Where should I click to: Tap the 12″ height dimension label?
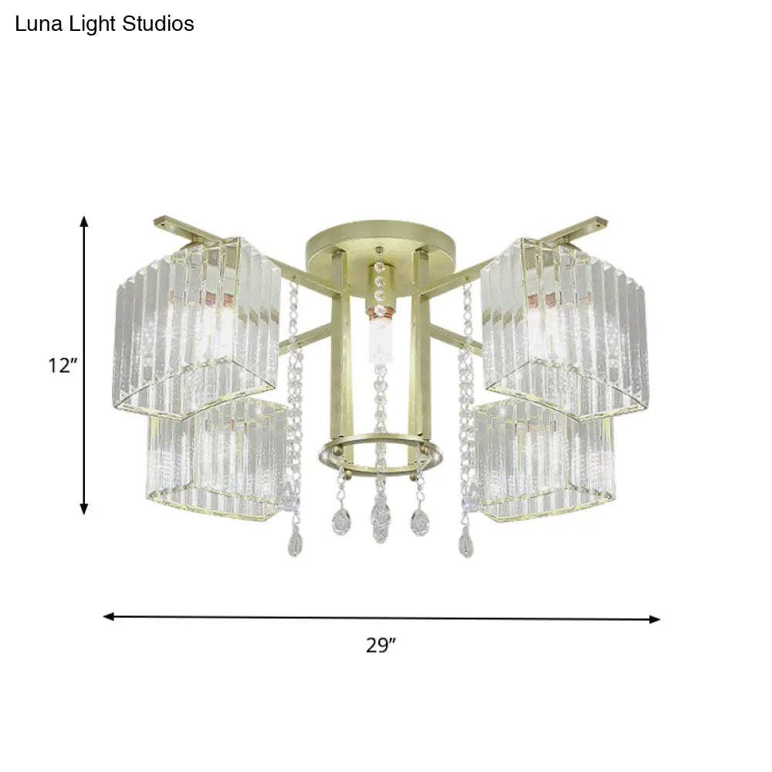coord(59,366)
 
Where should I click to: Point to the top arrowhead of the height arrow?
coord(85,222)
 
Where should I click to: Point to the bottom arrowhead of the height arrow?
coord(85,509)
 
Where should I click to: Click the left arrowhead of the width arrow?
coord(109,616)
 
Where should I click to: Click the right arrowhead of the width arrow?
coord(655,618)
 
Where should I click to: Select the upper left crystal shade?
coord(197,324)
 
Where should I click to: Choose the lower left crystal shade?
coord(216,459)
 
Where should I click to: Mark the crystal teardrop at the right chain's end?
coord(466,545)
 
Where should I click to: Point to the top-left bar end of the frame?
coord(160,221)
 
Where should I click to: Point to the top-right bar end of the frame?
coord(601,222)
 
